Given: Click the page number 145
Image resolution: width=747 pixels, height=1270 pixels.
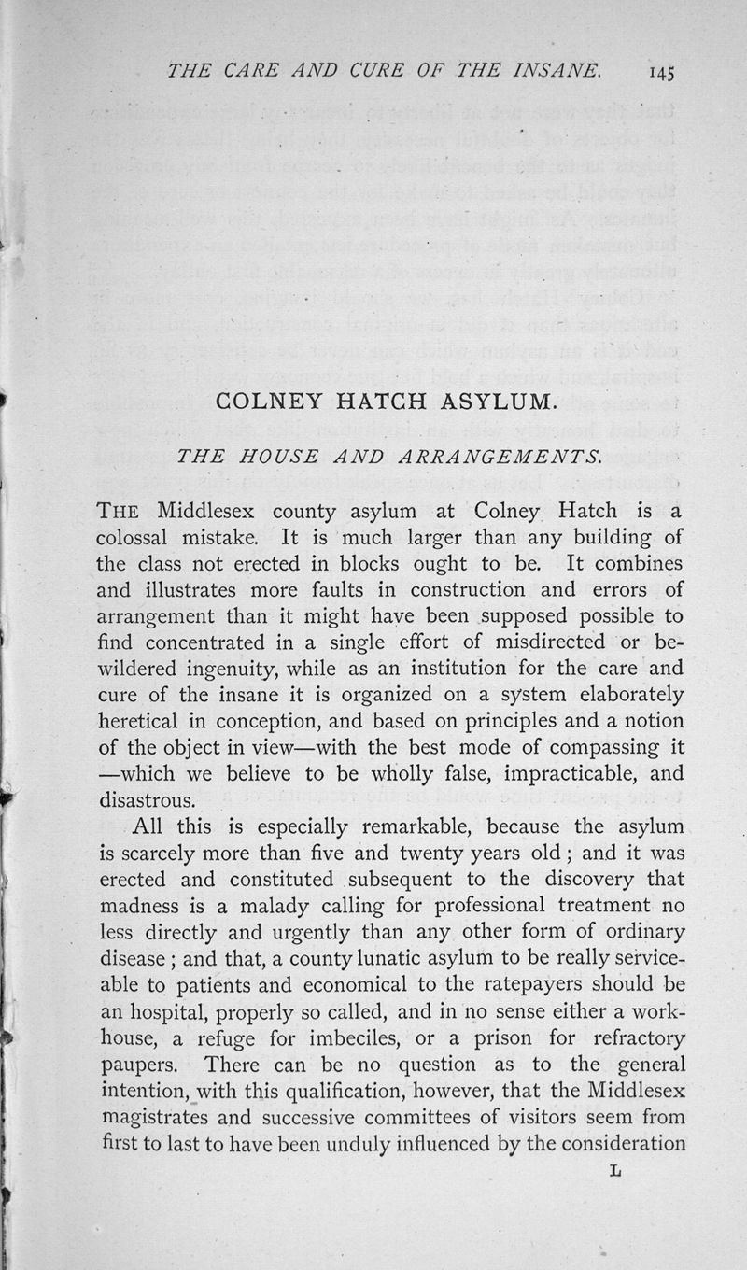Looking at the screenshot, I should pyautogui.click(x=658, y=71).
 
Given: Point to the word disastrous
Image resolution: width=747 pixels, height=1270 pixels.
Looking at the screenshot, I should pyautogui.click(x=147, y=800).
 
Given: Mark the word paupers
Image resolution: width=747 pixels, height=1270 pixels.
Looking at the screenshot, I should pyautogui.click(x=134, y=1065).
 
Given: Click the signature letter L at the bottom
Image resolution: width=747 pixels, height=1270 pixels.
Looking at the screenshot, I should pyautogui.click(x=613, y=1169).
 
